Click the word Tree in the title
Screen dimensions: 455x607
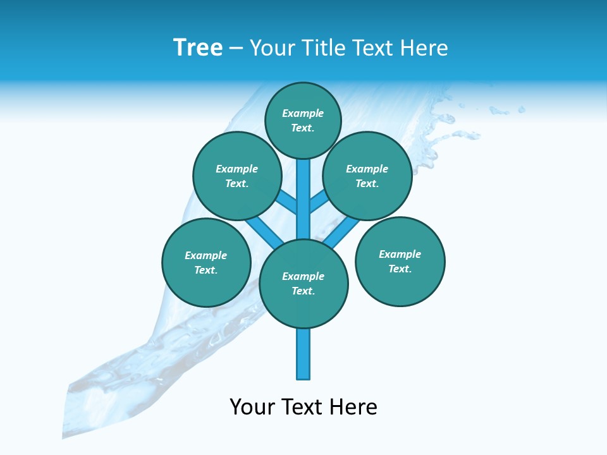198,47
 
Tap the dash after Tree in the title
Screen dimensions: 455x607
236,49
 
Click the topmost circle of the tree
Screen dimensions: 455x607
303,121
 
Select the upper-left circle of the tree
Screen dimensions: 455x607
236,176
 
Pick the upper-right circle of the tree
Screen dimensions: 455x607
367,176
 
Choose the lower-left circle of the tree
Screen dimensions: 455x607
206,263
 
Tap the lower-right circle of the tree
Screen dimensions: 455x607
400,262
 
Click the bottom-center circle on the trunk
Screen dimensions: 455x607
303,284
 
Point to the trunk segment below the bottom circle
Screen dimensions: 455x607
303,354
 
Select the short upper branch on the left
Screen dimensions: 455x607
288,203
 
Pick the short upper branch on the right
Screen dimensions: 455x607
319,203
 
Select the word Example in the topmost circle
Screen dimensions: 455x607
303,114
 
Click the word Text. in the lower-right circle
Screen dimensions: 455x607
400,269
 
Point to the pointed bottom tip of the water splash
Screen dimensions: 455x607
63,436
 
